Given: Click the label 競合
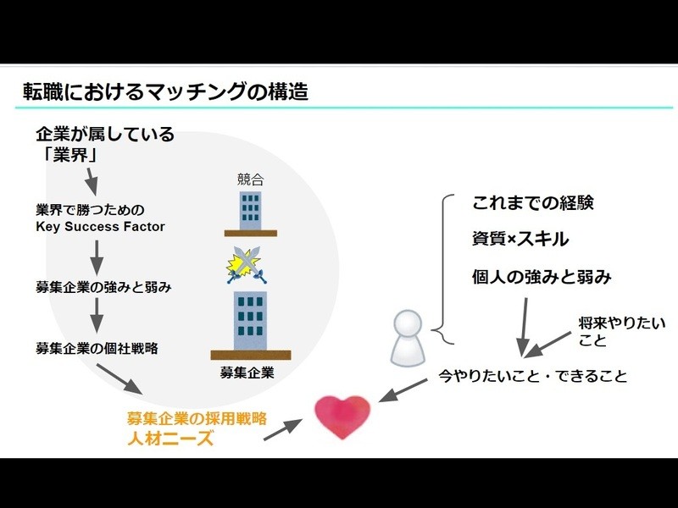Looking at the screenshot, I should pos(250,179).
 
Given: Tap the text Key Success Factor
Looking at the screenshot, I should pos(100,226).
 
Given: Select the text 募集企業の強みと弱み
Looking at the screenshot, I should pos(104,287).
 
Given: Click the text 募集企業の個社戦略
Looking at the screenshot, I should pos(97,348).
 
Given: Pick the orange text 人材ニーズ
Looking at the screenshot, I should pos(166,439).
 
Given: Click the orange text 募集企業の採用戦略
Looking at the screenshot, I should pos(197,418).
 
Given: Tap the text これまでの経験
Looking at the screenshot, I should pos(532,204).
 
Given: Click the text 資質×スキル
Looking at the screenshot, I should pos(520,240).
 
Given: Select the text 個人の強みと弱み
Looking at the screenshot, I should pos(542,277).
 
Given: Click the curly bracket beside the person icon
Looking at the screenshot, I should pos(442,269).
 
